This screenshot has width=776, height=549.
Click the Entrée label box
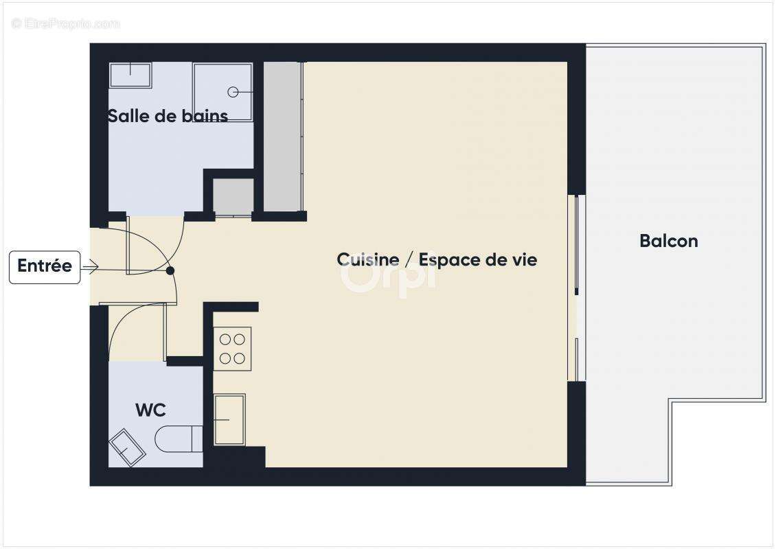pos(45,267)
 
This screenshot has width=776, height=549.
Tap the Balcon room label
pos(668,241)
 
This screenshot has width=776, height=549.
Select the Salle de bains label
pos(168,116)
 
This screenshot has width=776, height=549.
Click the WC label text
pos(150,410)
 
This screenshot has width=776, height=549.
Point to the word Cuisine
pos(367,259)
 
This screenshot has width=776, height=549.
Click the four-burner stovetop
pos(232,349)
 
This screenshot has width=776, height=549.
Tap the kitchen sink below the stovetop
pos(229,419)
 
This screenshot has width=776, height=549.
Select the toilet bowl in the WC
pos(179,439)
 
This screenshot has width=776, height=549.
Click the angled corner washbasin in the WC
pos(127,447)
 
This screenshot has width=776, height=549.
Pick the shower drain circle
pos(233,92)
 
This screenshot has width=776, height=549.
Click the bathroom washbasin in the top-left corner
pos(130,75)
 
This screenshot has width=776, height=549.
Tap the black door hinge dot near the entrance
pos(170,270)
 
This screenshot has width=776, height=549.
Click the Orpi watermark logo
pos(388,274)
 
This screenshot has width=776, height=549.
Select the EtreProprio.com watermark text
pos(66,23)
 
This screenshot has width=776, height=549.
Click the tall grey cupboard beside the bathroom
pos(283,136)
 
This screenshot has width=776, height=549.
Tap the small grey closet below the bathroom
pos(233,196)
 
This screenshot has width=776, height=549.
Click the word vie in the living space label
pos(523,259)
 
